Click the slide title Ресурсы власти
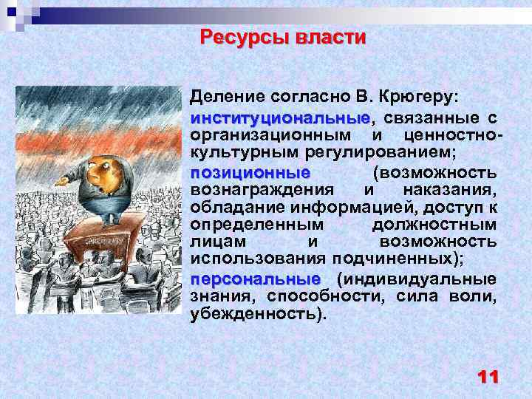coord(283,37)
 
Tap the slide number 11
coord(488,377)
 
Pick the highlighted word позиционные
coord(250,172)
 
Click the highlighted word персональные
coord(255,280)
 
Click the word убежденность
coord(258,314)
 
